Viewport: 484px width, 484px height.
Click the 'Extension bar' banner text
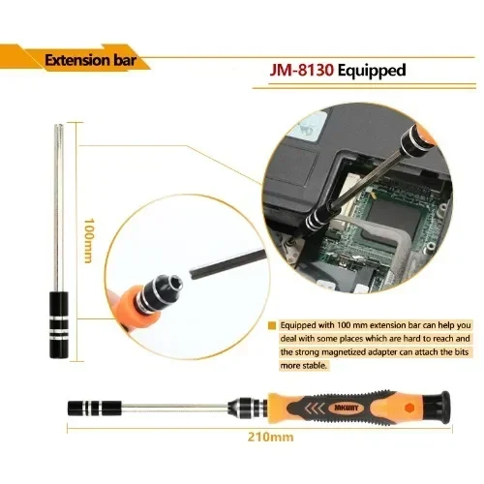[x=90, y=60]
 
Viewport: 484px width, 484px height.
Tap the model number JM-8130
[x=301, y=71]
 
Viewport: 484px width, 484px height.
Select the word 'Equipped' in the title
[x=372, y=71]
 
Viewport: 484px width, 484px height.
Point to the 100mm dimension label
[x=89, y=241]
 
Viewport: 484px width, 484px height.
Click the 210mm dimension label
[x=271, y=438]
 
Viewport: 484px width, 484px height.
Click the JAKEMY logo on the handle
[x=346, y=408]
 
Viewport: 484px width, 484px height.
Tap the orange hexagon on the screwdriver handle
[x=409, y=408]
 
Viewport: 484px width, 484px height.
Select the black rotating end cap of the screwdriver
[x=437, y=408]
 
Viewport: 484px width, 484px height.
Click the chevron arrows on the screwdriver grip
[x=315, y=408]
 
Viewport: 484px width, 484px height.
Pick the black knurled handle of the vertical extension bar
[x=59, y=324]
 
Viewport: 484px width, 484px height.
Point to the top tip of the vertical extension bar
[x=59, y=125]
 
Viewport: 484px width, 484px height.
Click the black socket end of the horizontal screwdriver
[x=94, y=408]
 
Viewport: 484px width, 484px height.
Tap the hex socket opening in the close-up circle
[x=175, y=285]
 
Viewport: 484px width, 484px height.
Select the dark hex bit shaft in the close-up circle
[x=227, y=262]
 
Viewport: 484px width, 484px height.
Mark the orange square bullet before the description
[x=272, y=325]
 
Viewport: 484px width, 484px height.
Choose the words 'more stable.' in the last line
[x=303, y=366]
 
